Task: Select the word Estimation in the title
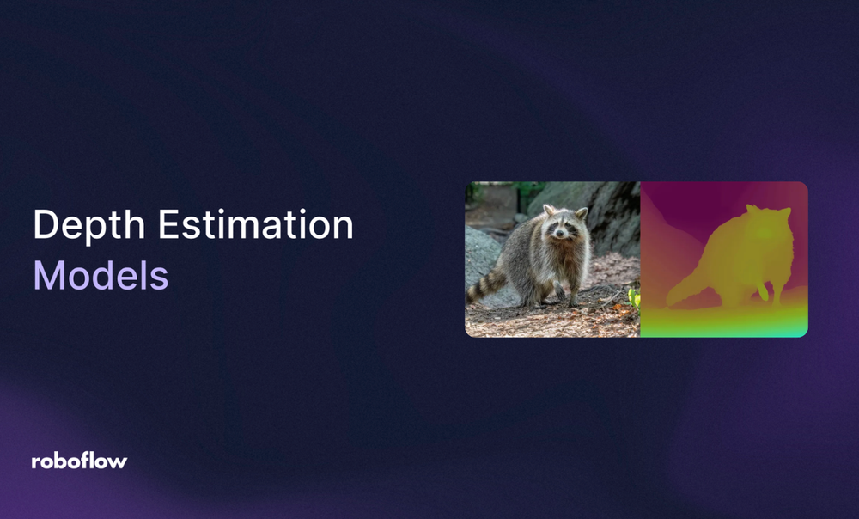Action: tap(255, 226)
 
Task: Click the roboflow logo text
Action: tap(79, 461)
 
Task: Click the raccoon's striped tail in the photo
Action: tap(488, 286)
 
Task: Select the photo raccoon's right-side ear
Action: tap(582, 212)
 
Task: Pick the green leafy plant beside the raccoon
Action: tap(634, 298)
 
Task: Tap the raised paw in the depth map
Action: tap(762, 291)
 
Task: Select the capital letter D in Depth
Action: tap(45, 226)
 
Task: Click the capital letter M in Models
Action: tap(50, 276)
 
